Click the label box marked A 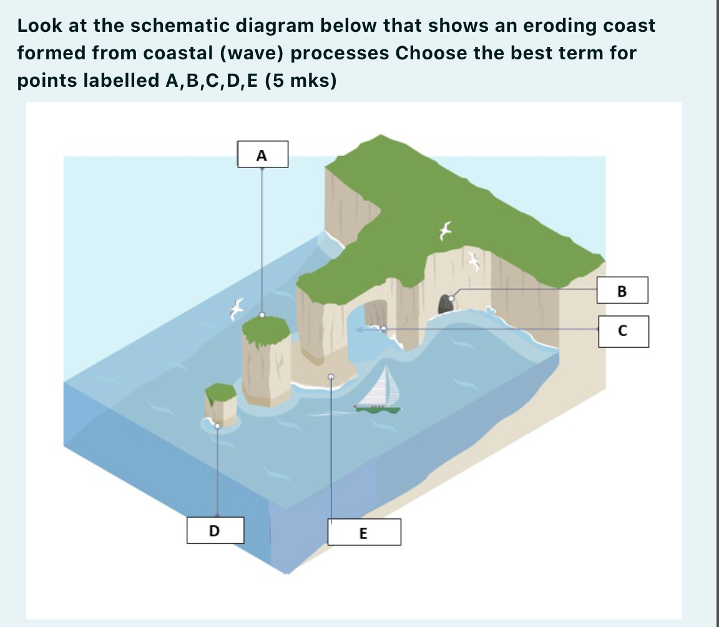[x=263, y=154]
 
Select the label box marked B [x=622, y=290]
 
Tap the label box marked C [x=624, y=331]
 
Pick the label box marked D [x=215, y=530]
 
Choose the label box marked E [x=364, y=532]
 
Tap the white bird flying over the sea [x=237, y=309]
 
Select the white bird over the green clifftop [x=445, y=230]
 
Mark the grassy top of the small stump [x=220, y=393]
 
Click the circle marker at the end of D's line [x=217, y=426]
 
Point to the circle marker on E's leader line [x=331, y=377]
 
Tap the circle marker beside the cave [x=451, y=299]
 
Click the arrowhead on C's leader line [x=359, y=329]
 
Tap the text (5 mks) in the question [x=301, y=81]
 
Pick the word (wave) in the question [x=252, y=53]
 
